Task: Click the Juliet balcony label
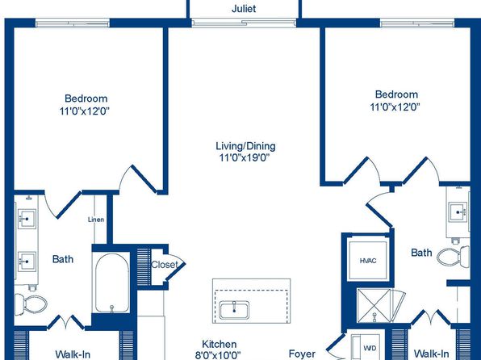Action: (244, 9)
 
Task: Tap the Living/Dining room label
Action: (245, 146)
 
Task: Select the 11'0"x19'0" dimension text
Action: (245, 157)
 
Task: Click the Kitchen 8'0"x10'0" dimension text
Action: (218, 355)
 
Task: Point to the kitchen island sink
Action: (234, 310)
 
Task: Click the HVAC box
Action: (368, 261)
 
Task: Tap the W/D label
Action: (370, 348)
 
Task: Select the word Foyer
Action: (302, 354)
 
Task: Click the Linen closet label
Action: (96, 220)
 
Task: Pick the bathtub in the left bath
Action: (112, 283)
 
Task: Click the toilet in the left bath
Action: (31, 304)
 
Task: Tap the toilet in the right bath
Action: (453, 256)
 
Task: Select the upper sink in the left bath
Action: (27, 219)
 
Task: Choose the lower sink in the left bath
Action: (27, 262)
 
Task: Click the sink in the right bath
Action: (458, 211)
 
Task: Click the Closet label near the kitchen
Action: (165, 265)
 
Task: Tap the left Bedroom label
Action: (86, 98)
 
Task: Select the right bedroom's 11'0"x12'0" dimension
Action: (395, 107)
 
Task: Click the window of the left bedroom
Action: (73, 23)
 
